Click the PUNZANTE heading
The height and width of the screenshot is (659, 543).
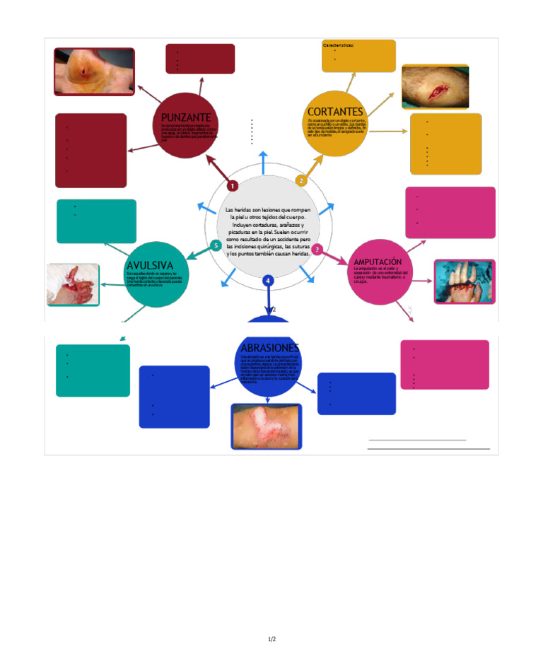(185, 117)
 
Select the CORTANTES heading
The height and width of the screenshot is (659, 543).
(335, 112)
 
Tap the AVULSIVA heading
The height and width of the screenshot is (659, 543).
(149, 265)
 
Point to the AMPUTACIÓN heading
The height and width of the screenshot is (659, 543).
(378, 262)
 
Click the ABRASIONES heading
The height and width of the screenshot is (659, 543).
(269, 348)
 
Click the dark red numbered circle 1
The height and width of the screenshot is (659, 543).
(232, 185)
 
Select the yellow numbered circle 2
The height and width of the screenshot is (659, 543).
(301, 180)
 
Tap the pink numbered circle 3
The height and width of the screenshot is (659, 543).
(317, 250)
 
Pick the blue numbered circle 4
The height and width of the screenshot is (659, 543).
(268, 281)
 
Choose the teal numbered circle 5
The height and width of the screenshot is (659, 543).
(216, 245)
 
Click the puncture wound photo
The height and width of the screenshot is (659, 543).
(94, 71)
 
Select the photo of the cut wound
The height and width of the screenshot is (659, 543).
(435, 88)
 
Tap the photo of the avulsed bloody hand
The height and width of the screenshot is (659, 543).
(73, 284)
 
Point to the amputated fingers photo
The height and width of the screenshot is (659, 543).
(464, 281)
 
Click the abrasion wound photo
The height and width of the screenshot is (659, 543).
(266, 426)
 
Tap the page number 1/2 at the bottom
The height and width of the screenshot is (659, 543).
(271, 639)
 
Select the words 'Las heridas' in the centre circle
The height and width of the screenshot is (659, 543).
(238, 210)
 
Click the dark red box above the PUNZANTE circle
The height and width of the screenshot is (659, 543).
(200, 59)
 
